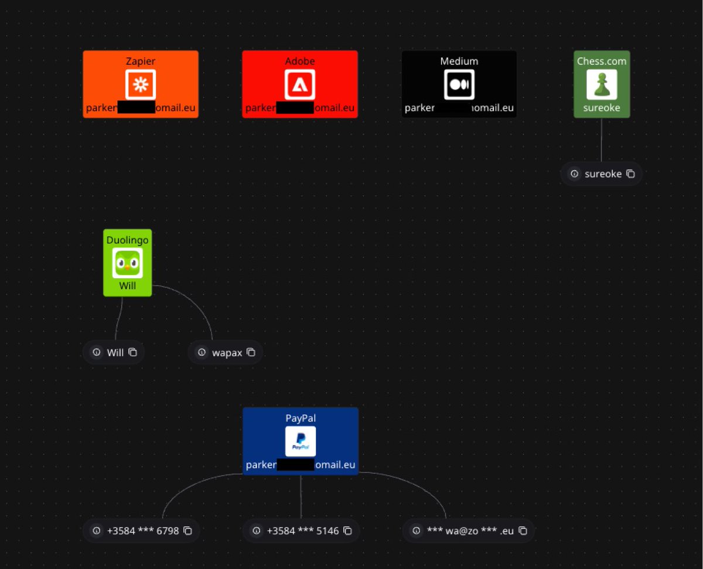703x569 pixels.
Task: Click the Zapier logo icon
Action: click(x=141, y=84)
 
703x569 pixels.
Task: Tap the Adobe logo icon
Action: click(x=300, y=84)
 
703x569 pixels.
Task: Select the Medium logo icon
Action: click(x=459, y=84)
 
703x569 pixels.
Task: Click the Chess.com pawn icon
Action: click(x=602, y=84)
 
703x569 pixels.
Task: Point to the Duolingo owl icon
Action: click(x=127, y=263)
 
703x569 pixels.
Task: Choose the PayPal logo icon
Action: click(x=301, y=441)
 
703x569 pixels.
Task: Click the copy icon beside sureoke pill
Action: click(x=630, y=174)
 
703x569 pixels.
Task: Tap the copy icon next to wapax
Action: click(x=251, y=352)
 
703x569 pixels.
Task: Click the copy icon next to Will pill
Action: click(x=132, y=352)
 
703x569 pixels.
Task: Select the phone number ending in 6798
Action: click(x=143, y=531)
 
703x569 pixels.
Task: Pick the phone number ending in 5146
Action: click(x=303, y=531)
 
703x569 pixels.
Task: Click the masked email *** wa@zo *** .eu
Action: click(x=470, y=531)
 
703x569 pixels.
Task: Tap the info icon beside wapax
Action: click(x=202, y=352)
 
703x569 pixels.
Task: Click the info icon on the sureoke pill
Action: click(x=575, y=174)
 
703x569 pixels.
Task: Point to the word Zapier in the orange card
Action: click(x=141, y=61)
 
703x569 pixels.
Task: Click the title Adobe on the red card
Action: click(x=300, y=61)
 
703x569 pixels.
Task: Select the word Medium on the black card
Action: click(x=459, y=61)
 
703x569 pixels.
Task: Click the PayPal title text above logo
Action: click(x=301, y=418)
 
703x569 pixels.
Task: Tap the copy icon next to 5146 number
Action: click(x=347, y=531)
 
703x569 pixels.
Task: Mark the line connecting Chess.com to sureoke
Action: click(x=602, y=141)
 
